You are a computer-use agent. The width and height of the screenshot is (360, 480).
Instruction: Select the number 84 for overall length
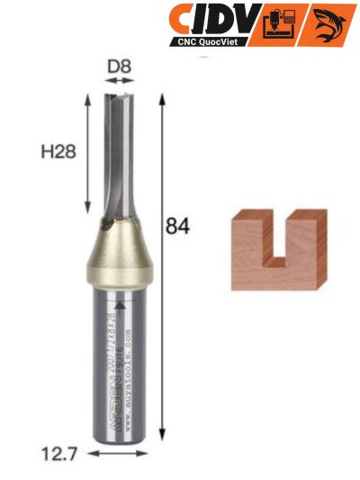pos(177,227)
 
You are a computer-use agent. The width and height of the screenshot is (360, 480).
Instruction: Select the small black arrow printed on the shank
pos(120,308)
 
